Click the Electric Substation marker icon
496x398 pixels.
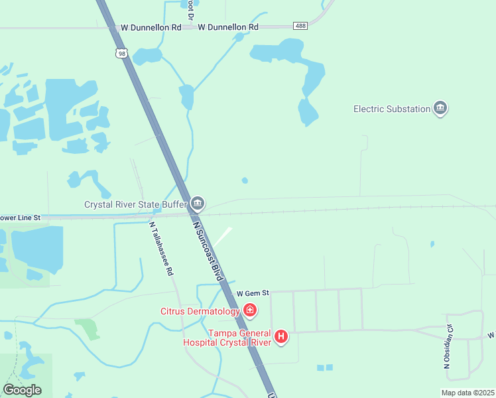click(x=440, y=109)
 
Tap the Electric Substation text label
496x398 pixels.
click(x=392, y=109)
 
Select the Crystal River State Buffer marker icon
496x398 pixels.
click(x=197, y=204)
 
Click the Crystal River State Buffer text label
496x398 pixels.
click(x=136, y=204)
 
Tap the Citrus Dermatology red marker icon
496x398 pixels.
click(x=249, y=310)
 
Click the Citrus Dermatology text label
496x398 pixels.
click(x=200, y=311)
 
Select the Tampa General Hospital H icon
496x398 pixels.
click(x=281, y=337)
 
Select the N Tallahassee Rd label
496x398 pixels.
click(x=161, y=248)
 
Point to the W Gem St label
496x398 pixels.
click(x=252, y=293)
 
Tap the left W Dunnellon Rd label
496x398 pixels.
click(x=151, y=28)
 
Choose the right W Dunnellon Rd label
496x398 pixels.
click(x=228, y=27)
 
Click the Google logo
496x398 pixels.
click(x=22, y=390)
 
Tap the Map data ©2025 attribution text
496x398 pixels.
click(x=467, y=393)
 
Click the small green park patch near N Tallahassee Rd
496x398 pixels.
click(x=86, y=327)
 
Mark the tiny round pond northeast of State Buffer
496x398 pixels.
click(x=245, y=180)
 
